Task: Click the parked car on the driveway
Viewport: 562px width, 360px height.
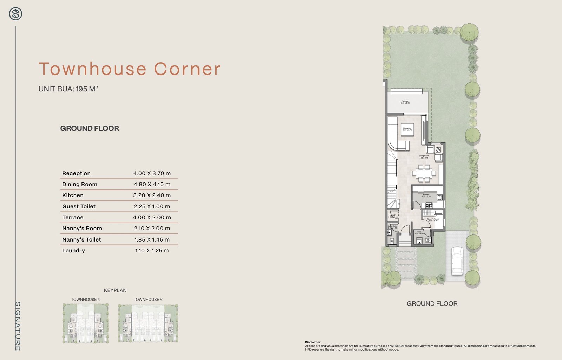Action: tap(457, 261)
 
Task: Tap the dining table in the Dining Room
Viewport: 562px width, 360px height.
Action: tap(424, 173)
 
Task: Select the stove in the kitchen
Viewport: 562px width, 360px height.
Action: tap(429, 205)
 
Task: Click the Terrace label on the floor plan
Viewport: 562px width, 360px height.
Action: tap(405, 102)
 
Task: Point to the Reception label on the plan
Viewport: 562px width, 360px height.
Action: tap(407, 129)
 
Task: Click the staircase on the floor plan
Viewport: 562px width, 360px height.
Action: tap(393, 183)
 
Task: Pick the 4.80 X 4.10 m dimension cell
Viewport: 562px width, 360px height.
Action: tap(152, 184)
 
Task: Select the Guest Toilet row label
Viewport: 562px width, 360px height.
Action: tap(79, 206)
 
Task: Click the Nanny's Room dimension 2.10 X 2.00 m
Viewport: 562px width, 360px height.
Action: tap(152, 229)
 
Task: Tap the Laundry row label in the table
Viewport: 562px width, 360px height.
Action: tap(73, 251)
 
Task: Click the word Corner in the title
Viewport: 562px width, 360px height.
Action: tap(187, 69)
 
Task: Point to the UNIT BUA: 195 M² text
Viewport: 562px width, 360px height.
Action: tap(68, 89)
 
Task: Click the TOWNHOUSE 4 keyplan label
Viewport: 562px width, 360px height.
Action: tap(85, 300)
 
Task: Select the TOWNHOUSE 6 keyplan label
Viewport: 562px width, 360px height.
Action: tap(148, 300)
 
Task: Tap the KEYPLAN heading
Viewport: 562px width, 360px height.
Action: tap(115, 290)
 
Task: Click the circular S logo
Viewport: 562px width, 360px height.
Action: tap(15, 14)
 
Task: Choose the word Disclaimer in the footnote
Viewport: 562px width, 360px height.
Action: tap(313, 342)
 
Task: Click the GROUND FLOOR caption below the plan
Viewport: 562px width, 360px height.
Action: tap(432, 304)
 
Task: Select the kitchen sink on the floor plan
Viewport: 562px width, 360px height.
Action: tap(439, 198)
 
